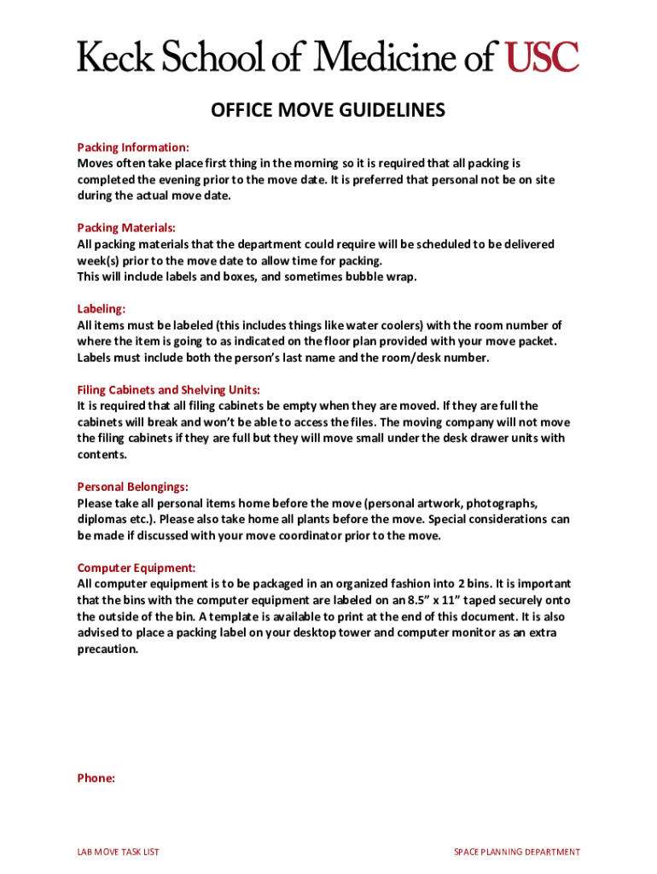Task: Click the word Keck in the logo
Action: click(112, 57)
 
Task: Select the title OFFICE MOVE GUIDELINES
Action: click(328, 111)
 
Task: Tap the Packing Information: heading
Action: click(133, 147)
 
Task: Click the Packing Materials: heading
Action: click(126, 228)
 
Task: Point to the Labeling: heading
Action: click(102, 309)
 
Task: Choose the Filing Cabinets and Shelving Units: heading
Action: click(168, 390)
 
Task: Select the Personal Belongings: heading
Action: click(133, 487)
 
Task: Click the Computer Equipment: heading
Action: click(137, 568)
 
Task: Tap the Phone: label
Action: click(96, 778)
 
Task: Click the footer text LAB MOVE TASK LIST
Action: click(119, 852)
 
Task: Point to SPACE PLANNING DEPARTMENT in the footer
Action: click(517, 852)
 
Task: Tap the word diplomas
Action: click(103, 519)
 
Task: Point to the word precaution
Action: click(108, 649)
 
